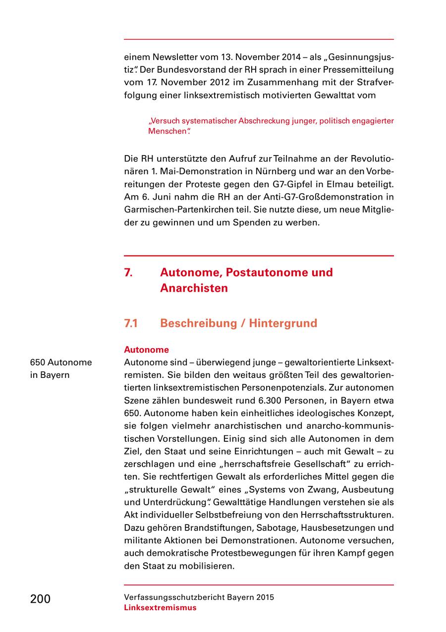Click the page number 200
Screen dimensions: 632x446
point(40,599)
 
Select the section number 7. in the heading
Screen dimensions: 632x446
point(128,272)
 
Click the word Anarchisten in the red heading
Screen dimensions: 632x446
point(194,288)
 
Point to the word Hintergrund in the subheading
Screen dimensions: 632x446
point(282,323)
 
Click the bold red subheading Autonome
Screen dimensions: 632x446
point(146,350)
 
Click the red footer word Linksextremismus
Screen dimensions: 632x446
point(160,608)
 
